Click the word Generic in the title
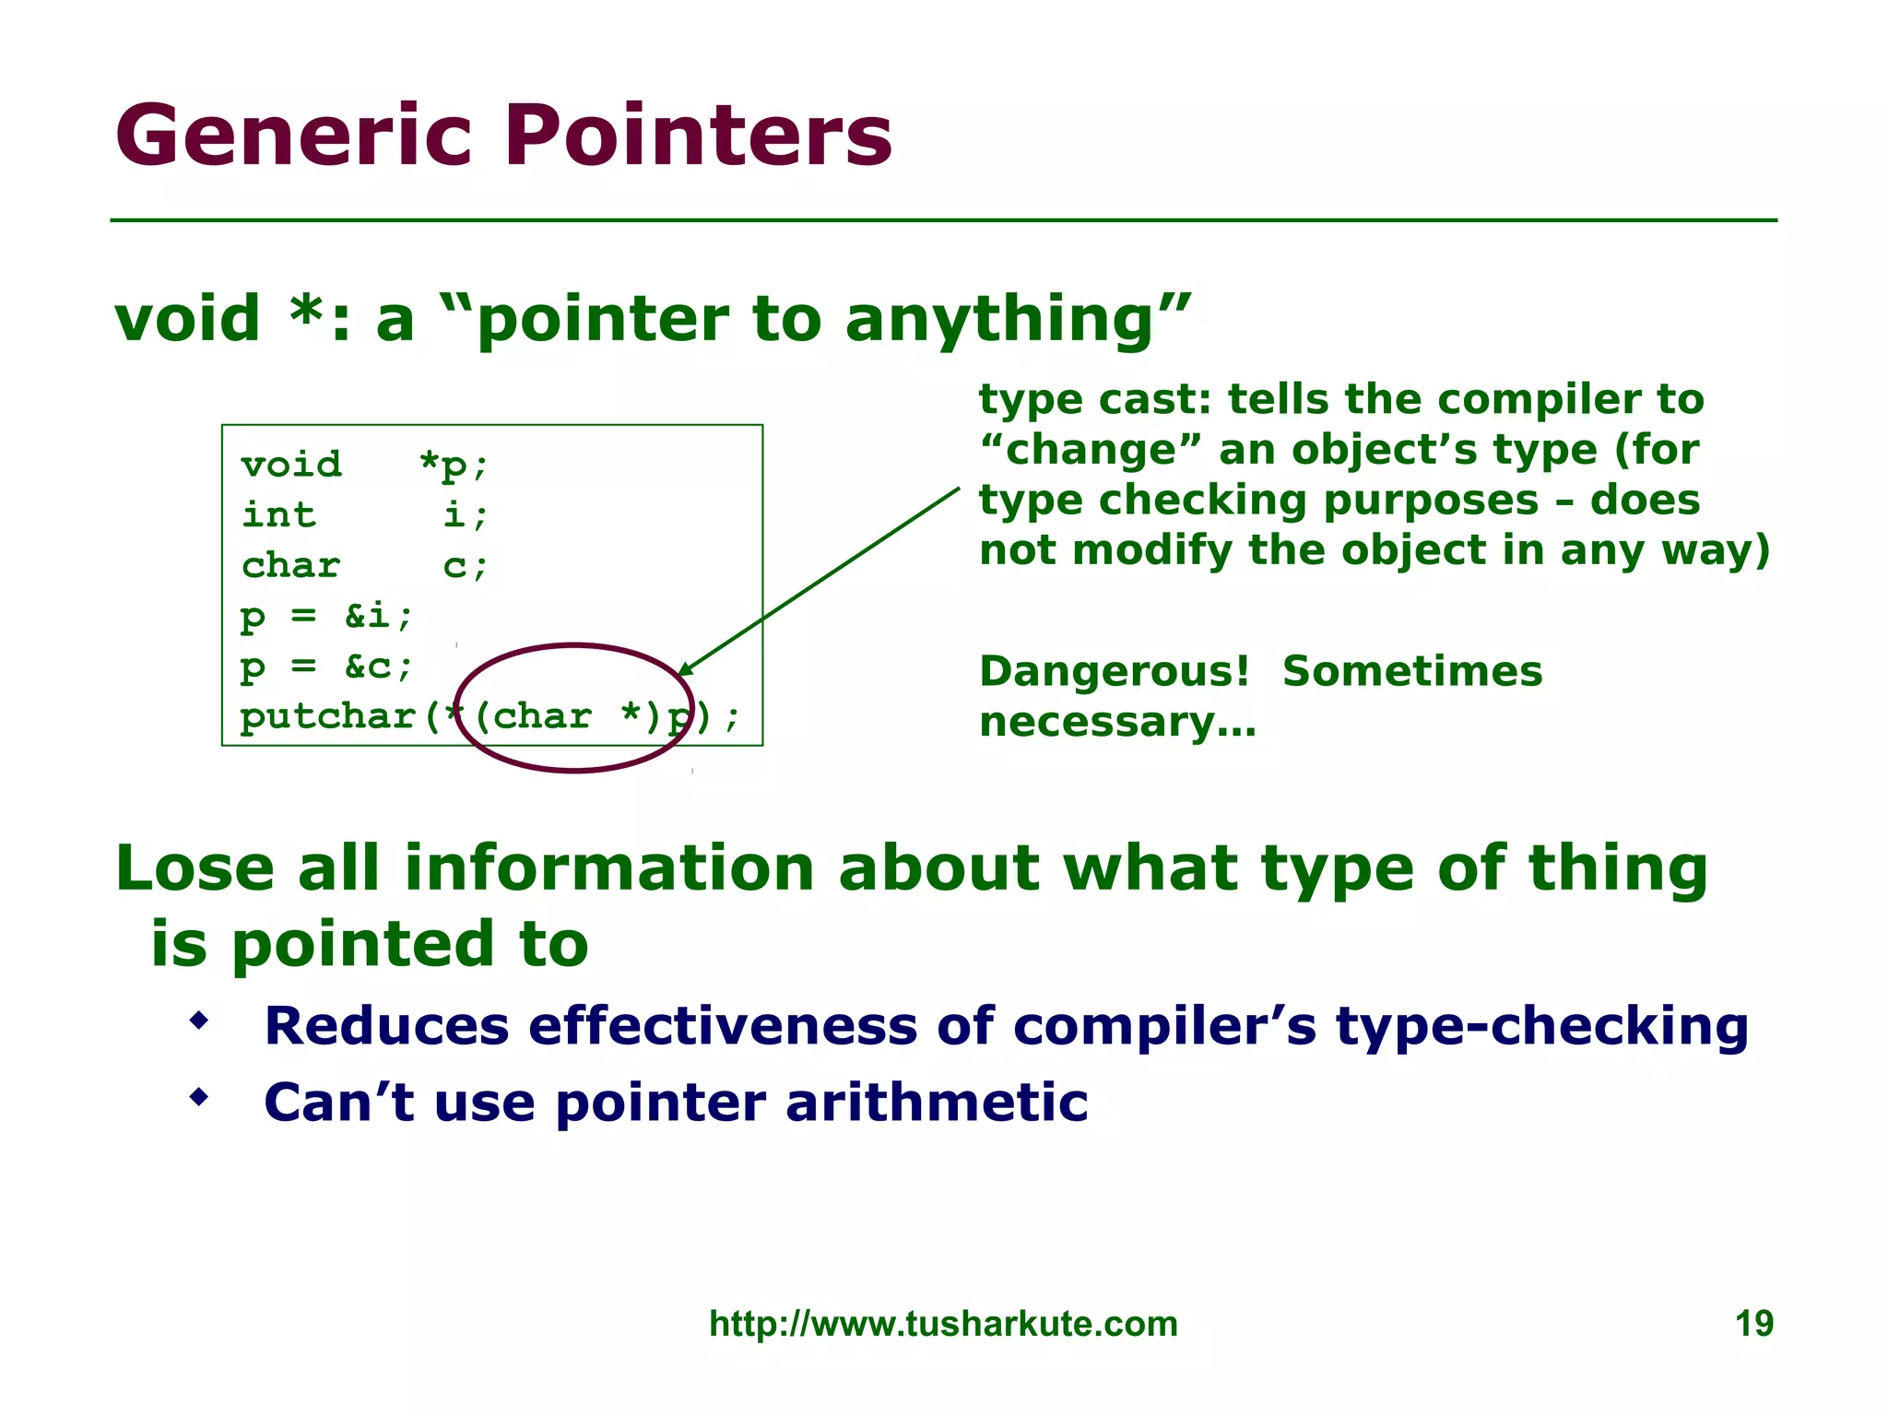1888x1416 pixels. [294, 136]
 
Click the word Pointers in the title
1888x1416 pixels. [698, 136]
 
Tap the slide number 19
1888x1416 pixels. [1753, 1324]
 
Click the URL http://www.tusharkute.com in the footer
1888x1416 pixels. [943, 1324]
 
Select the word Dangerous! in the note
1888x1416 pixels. [1114, 671]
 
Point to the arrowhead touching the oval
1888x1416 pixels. [684, 668]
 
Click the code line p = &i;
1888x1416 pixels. [326, 616]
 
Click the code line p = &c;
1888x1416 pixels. [326, 666]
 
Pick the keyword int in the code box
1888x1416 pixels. [278, 514]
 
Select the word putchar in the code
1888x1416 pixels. [326, 716]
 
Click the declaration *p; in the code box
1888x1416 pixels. [452, 465]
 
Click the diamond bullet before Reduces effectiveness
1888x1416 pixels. [198, 1021]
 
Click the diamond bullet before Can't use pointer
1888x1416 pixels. [198, 1097]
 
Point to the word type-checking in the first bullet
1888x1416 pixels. [1541, 1026]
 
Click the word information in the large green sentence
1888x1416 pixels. [608, 868]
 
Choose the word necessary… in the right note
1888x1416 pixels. [1117, 722]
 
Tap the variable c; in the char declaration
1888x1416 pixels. [464, 565]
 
